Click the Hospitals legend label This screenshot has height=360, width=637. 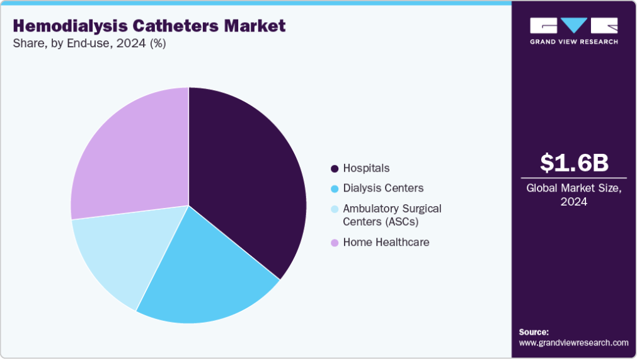366,168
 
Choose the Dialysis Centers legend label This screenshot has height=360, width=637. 383,188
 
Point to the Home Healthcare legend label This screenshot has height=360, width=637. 386,242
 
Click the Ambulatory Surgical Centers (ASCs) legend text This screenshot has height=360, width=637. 392,215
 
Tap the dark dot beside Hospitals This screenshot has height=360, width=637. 335,169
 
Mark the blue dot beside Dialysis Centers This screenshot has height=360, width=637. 335,189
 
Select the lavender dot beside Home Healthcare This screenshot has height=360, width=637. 335,243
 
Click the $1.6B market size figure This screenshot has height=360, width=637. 574,163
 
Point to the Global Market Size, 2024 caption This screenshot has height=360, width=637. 574,194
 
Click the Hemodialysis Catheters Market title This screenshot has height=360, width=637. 149,26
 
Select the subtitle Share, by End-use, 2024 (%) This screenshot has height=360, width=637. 89,44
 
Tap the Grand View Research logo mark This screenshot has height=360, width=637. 574,25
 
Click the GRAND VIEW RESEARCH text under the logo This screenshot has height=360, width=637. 574,42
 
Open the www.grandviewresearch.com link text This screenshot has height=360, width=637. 573,342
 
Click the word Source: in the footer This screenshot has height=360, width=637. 534,332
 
